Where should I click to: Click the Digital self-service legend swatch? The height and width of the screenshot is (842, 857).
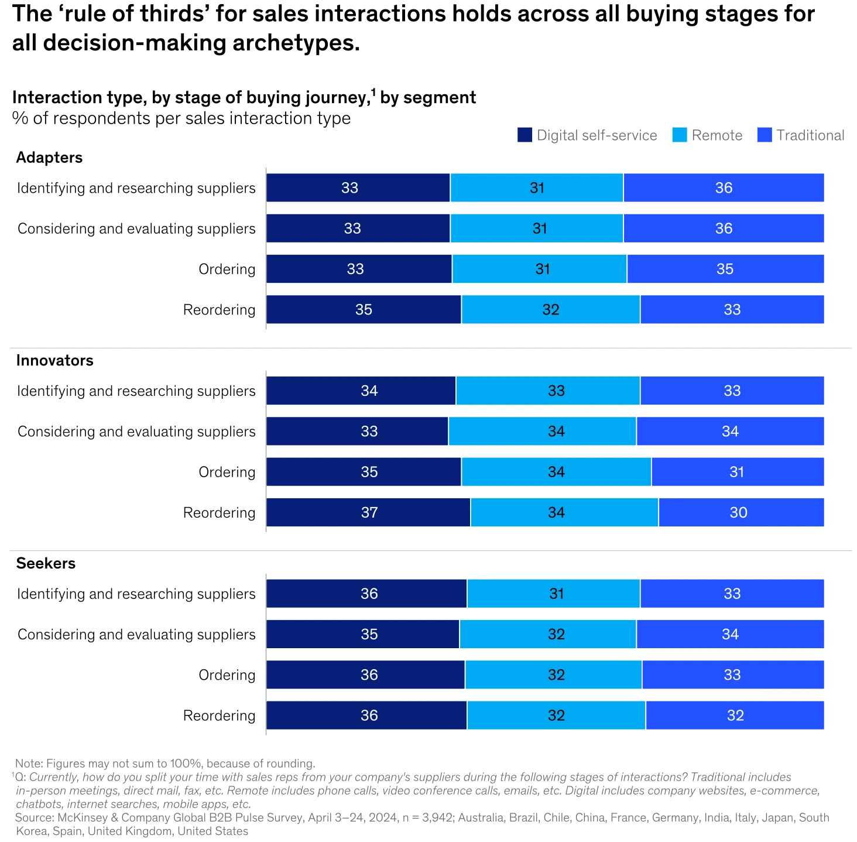coord(525,135)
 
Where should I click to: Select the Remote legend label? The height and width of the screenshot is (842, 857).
coord(717,135)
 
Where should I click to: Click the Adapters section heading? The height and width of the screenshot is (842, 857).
coord(49,158)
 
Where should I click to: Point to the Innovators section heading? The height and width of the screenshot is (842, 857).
coord(54,360)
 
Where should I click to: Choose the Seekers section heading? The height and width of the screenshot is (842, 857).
coord(46,563)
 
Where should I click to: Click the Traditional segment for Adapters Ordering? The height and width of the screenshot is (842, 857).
coord(725,269)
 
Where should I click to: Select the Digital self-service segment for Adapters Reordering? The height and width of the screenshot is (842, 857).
coord(364,309)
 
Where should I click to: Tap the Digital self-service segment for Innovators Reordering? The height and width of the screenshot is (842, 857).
coord(368,512)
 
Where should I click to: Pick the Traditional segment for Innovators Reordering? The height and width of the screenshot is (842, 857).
coord(741,512)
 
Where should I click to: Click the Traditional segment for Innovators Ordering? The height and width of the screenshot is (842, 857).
coord(738,472)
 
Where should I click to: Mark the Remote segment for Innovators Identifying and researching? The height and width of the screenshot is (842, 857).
coord(548,391)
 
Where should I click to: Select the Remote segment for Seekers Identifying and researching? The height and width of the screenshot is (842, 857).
coord(553,594)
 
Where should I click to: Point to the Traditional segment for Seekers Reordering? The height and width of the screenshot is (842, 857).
coord(735,715)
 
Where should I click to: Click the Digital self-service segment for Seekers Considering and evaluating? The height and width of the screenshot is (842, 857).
coord(363,634)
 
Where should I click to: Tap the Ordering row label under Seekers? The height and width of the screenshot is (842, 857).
coord(227,675)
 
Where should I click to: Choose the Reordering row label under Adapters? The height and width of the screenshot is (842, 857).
coord(219,310)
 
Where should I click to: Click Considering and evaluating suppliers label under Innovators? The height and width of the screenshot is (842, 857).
coord(136,432)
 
